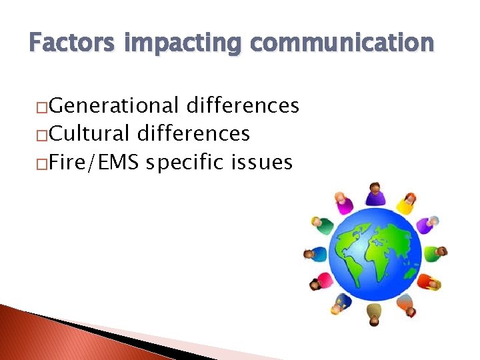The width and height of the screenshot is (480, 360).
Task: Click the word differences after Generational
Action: [243, 105]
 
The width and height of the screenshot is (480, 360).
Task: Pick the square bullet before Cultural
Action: [41, 135]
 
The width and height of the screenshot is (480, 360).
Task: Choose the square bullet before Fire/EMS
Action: [41, 163]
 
